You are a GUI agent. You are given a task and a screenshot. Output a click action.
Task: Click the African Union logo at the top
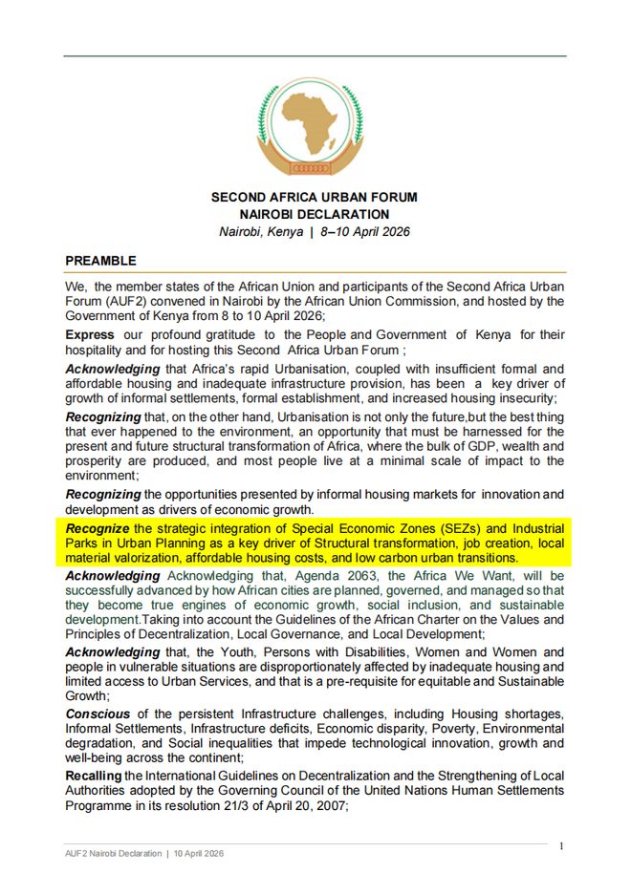click(x=314, y=127)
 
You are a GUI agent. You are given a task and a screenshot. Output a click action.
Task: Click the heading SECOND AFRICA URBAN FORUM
click(x=314, y=198)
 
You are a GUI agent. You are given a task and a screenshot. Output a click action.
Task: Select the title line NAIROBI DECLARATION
click(x=314, y=215)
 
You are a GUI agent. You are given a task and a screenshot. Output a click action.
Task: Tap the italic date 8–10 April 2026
click(x=368, y=232)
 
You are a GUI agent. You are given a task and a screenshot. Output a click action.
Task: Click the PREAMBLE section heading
click(x=100, y=261)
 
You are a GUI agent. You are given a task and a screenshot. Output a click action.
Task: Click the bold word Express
click(x=89, y=335)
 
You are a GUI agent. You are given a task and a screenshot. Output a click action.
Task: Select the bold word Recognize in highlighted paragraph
click(x=97, y=528)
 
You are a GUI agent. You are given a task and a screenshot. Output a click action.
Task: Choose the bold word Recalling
click(x=93, y=775)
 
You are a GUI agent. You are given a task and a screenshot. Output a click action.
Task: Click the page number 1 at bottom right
click(x=561, y=846)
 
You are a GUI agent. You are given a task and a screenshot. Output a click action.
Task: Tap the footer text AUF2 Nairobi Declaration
click(x=114, y=853)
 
